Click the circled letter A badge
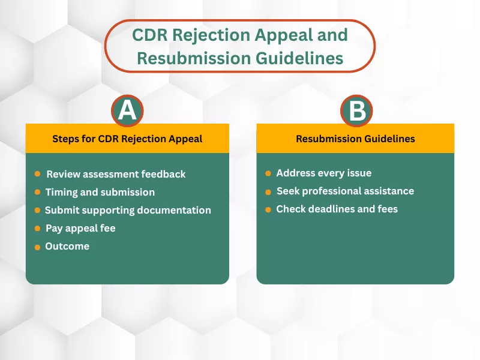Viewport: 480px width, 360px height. tap(127, 112)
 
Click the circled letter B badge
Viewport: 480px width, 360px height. tap(356, 112)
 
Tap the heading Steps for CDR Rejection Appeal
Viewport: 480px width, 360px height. tap(127, 139)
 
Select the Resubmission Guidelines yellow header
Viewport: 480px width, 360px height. tap(355, 139)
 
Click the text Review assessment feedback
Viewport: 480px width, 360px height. tap(116, 174)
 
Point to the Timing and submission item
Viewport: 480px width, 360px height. tap(100, 192)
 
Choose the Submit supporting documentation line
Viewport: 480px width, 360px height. tap(128, 210)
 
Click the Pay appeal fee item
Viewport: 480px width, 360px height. tap(80, 228)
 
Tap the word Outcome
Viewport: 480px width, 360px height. tap(67, 246)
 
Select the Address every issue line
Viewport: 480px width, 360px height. tap(324, 173)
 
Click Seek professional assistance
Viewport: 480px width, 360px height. tap(345, 191)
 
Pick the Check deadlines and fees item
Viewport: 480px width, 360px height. tap(337, 209)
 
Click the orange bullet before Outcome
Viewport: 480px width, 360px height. tap(37, 247)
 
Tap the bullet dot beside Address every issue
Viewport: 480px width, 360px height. tap(268, 173)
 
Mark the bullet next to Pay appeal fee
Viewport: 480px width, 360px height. tap(37, 229)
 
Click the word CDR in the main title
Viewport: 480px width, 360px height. tap(150, 34)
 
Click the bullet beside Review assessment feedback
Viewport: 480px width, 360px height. tap(37, 174)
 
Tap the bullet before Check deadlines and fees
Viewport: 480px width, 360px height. tap(268, 209)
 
